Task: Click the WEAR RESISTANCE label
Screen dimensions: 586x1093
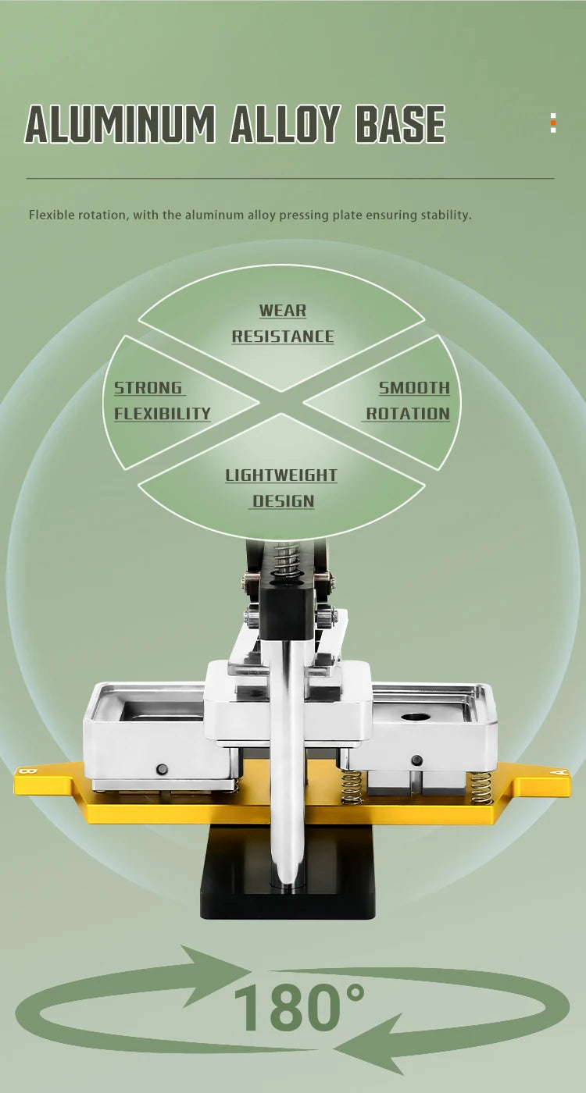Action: coord(283,323)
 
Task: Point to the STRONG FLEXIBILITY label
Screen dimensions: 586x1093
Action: coord(163,401)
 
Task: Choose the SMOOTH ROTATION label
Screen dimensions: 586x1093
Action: coord(407,401)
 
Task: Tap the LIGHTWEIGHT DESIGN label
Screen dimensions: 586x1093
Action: coord(281,488)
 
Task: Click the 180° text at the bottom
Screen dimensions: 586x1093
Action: coord(298,1007)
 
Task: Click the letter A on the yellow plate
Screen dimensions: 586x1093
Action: coord(562,772)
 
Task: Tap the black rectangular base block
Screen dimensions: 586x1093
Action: coord(288,872)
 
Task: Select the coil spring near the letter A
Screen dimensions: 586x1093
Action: coord(481,788)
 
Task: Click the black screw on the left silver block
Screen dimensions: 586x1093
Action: coord(162,770)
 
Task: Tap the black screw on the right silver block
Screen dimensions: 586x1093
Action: coord(416,760)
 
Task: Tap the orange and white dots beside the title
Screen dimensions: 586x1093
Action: coord(553,123)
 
